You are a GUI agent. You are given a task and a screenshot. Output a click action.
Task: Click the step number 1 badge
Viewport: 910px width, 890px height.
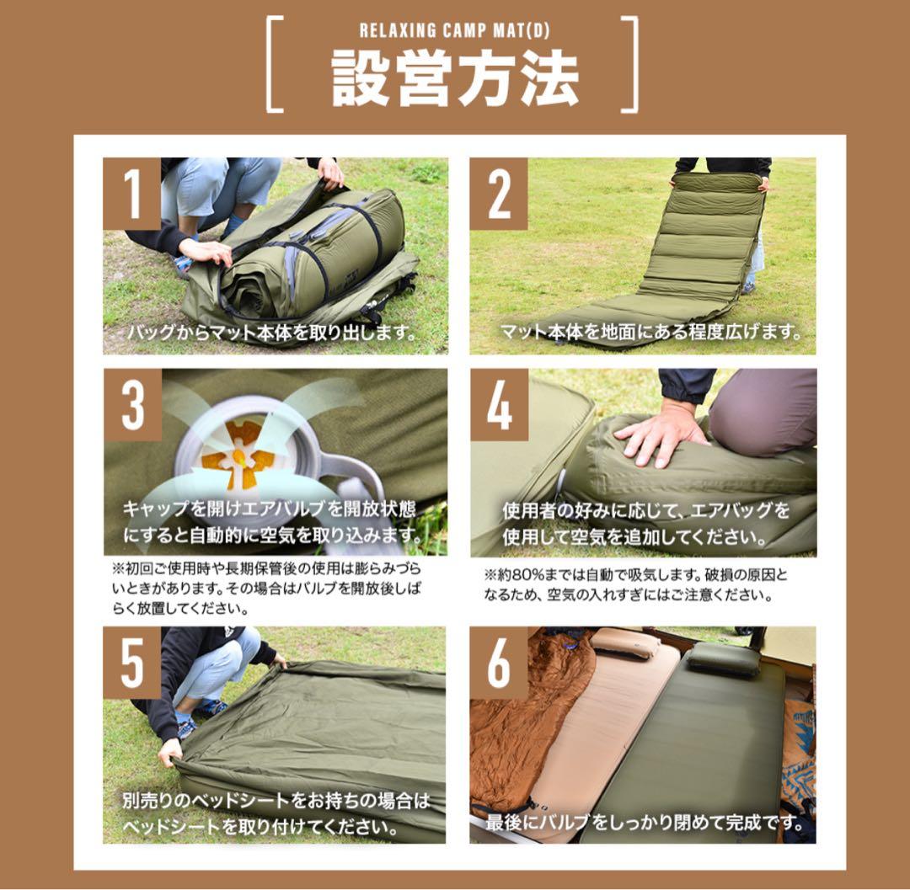[131, 194]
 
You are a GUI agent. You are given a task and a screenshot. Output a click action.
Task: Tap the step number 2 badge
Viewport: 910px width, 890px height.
[499, 194]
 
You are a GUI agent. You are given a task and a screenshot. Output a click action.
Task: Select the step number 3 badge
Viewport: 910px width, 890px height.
[132, 405]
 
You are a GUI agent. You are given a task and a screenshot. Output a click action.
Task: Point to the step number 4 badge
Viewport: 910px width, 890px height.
[499, 405]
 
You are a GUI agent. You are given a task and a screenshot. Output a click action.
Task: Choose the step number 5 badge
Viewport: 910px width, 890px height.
[132, 663]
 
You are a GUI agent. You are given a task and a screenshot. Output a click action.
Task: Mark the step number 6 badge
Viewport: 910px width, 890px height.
[499, 663]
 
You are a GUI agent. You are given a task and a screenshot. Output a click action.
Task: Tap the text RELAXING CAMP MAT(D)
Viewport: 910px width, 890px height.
[454, 31]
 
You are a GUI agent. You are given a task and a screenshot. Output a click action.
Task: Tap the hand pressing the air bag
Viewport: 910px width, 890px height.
[661, 434]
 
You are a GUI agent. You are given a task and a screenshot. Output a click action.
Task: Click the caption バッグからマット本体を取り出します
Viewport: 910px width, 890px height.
[272, 331]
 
